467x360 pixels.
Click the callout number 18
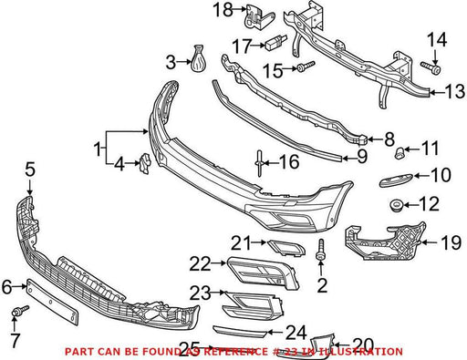coord(223,10)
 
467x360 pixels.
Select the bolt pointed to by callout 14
coord(431,67)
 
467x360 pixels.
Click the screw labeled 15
coord(306,67)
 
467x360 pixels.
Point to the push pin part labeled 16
coord(259,163)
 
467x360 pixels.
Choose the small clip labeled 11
coord(400,152)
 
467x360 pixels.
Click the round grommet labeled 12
coord(397,206)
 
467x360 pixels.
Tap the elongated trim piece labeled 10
coord(396,180)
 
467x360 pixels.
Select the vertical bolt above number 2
coord(321,250)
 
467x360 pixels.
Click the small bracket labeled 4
coord(145,163)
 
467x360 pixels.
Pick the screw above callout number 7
coord(20,311)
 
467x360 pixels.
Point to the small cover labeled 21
coord(286,247)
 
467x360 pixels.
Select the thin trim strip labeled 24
coord(240,331)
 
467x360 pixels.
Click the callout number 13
coord(454,92)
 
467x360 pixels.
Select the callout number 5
coord(30,170)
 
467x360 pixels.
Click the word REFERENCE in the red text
coord(235,352)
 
